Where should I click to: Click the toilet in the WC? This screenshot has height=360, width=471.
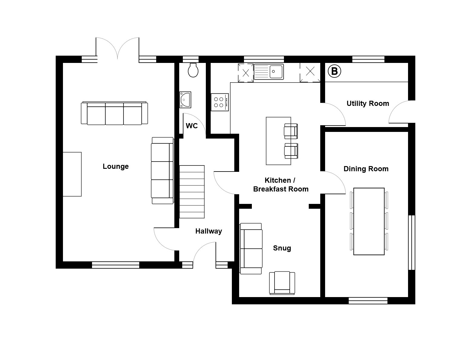[x=193, y=70]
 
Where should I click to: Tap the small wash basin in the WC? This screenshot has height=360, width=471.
[x=185, y=100]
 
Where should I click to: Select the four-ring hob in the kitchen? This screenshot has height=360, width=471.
[x=220, y=102]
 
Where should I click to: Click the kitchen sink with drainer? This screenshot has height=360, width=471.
[x=269, y=72]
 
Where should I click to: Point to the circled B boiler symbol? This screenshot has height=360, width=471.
[x=334, y=71]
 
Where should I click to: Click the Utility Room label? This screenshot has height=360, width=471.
[x=368, y=103]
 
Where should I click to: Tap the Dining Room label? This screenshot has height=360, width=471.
[x=366, y=169]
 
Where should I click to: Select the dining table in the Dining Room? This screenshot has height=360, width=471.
[x=369, y=221]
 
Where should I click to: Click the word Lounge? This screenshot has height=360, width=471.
[x=116, y=166]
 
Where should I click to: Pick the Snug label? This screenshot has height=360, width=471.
[x=282, y=248]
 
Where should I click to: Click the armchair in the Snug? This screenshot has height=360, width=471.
[x=282, y=283]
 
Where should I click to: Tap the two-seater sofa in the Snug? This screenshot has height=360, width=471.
[x=251, y=248]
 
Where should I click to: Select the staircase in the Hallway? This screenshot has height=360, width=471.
[x=192, y=192]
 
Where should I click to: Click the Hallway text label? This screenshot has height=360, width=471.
[x=209, y=231]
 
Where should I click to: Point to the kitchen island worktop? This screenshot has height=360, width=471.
[x=278, y=141]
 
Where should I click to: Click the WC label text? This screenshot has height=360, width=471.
[x=192, y=126]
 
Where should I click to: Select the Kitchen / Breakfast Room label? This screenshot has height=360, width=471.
[x=281, y=185]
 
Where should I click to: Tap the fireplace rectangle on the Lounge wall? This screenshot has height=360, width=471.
[x=72, y=174]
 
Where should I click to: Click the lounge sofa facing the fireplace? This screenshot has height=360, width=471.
[x=163, y=170]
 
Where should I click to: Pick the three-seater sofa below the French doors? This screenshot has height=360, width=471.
[x=114, y=113]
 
